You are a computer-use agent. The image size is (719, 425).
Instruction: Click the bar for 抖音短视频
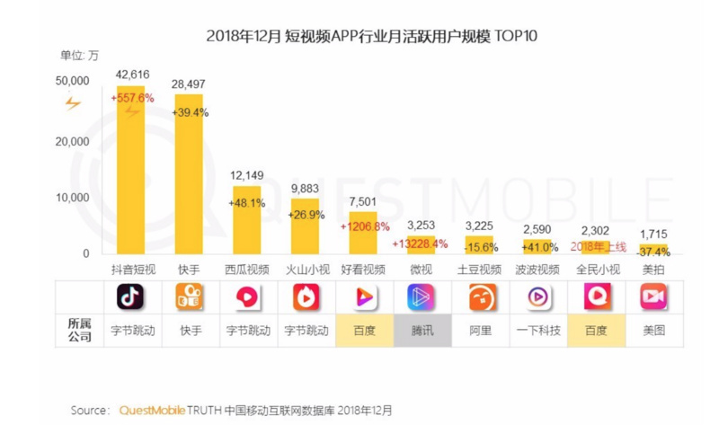(x=130, y=171)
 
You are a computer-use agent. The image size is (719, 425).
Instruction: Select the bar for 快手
(x=189, y=175)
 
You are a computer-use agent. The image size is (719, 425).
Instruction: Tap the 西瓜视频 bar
(x=247, y=220)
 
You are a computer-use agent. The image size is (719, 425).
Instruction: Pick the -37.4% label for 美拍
(x=653, y=251)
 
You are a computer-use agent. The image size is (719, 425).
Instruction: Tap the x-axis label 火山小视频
(x=306, y=270)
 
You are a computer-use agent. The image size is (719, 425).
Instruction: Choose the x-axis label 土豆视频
(x=479, y=270)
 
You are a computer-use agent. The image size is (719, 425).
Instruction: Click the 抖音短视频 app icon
(x=131, y=297)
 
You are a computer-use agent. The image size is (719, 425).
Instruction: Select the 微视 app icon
(x=422, y=297)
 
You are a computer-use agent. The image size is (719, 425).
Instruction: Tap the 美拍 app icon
(x=653, y=297)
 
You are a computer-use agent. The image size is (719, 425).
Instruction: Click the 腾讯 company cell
(x=422, y=330)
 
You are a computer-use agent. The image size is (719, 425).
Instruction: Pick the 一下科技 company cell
(x=537, y=330)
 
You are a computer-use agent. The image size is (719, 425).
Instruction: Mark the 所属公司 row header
(x=81, y=330)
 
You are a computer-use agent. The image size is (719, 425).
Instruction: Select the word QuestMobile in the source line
(x=152, y=410)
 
